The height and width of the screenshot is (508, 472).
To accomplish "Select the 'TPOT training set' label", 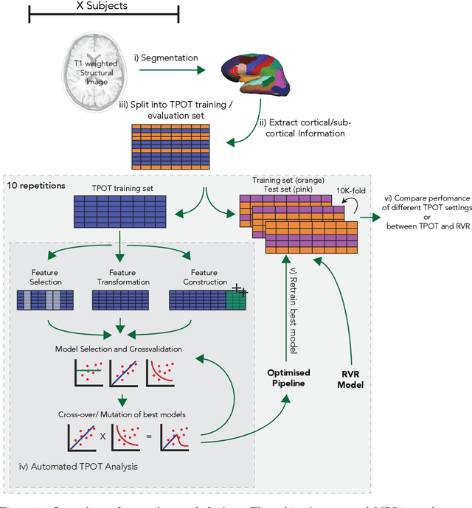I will tap(122, 188).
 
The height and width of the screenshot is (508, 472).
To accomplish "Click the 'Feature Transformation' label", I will tap(123, 277).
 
